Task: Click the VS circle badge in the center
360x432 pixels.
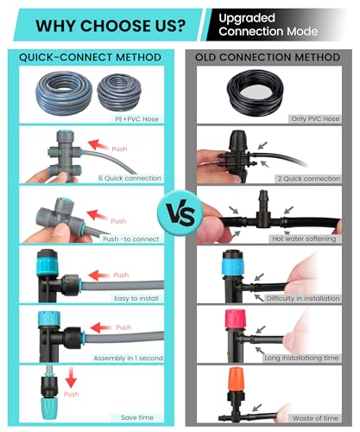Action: [x=180, y=213]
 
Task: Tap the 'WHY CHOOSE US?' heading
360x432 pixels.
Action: [x=111, y=26]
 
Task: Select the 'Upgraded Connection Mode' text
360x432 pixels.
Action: [x=268, y=25]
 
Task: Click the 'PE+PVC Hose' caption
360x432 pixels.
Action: [x=136, y=119]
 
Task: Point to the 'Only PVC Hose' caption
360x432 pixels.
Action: [x=315, y=118]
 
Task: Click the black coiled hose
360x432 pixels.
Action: [x=255, y=92]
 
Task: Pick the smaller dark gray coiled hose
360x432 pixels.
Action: [x=119, y=94]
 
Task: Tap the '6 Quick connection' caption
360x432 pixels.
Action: [x=129, y=178]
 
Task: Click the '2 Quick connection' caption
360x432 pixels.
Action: [x=309, y=179]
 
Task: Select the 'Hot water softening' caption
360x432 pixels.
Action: [x=304, y=238]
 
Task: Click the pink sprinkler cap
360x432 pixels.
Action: [x=235, y=320]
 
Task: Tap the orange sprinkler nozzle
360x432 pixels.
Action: [x=236, y=379]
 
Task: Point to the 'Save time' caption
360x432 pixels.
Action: [x=137, y=417]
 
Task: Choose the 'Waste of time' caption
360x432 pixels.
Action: [x=315, y=418]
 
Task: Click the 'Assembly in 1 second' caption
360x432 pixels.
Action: [x=129, y=359]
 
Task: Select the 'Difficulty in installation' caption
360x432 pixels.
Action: [x=303, y=298]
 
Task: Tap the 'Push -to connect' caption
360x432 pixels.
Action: [x=131, y=239]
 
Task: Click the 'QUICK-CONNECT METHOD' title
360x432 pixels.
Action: [x=90, y=57]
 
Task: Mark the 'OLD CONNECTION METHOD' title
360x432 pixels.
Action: [x=268, y=57]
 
